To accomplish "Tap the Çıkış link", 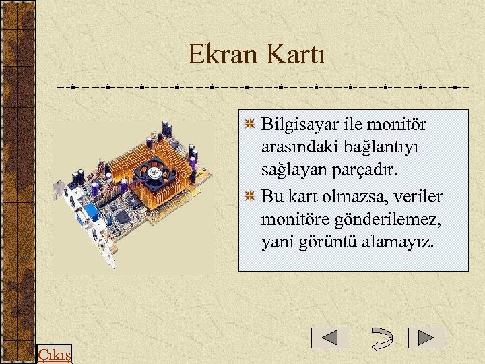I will coord(55,355).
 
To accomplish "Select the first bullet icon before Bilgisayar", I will coord(250,125).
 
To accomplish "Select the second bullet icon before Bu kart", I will coord(250,197).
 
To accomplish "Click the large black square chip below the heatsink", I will coord(123,216).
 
